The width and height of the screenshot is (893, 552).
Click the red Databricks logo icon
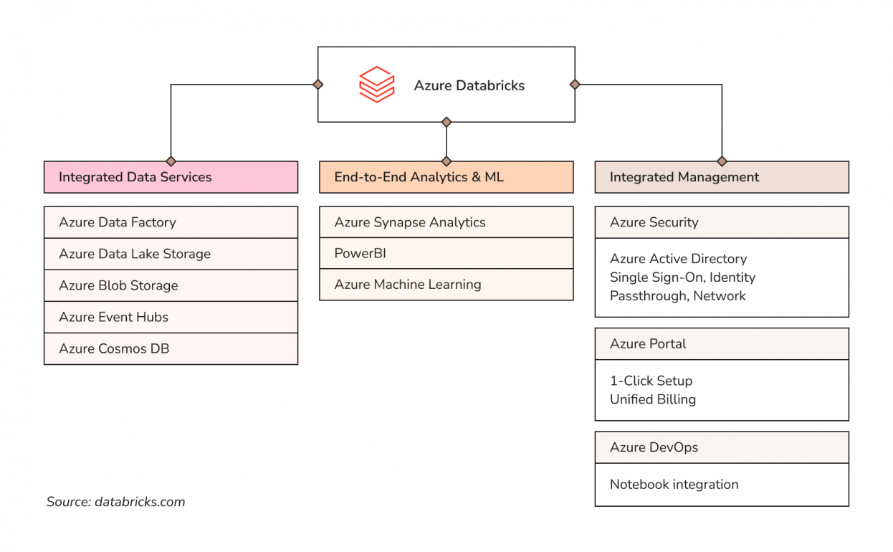[376, 85]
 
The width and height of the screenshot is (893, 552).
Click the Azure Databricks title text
[469, 85]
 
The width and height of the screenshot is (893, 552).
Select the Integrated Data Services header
[171, 177]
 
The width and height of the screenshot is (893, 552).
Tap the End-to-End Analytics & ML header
[446, 177]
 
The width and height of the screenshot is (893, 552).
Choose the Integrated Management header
[721, 177]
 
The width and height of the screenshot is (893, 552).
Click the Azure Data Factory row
[171, 222]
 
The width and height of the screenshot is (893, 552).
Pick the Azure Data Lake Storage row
[171, 254]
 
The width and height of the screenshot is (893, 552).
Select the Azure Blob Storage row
[171, 285]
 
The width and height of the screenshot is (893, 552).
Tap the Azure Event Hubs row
[171, 317]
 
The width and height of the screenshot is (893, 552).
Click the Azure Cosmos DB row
[171, 348]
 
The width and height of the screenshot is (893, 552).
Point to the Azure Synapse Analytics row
[446, 222]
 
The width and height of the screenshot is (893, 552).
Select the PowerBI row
[446, 253]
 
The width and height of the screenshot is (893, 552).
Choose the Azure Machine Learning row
[446, 285]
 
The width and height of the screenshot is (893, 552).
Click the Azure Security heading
[721, 222]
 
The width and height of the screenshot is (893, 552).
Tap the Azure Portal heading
[721, 344]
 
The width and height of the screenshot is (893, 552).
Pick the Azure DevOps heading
[721, 447]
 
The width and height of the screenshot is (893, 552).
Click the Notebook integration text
[674, 485]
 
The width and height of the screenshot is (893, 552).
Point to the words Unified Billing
[652, 399]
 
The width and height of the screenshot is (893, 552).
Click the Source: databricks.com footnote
[115, 502]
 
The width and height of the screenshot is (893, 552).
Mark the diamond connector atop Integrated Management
[722, 161]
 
